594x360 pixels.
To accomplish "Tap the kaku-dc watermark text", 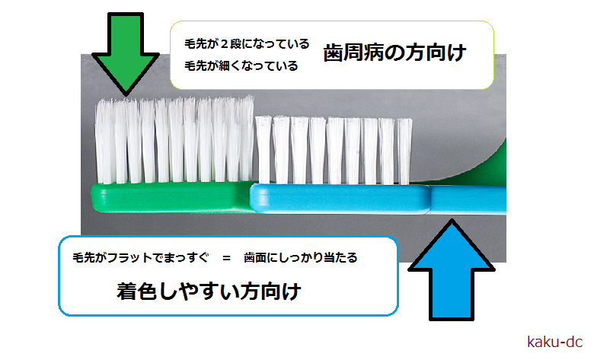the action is (554, 342).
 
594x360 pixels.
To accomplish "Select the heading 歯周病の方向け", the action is (394, 53).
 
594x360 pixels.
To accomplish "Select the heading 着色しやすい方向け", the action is (209, 291).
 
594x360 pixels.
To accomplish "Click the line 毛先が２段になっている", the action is (247, 44).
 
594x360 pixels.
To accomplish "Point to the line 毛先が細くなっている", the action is (241, 66).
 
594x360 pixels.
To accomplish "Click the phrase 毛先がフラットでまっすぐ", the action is (141, 258).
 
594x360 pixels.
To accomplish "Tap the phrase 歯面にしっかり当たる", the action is (300, 258).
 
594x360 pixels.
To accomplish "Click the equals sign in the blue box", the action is (226, 258).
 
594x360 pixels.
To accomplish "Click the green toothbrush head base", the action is (171, 197).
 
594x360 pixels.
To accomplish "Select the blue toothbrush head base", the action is (340, 199).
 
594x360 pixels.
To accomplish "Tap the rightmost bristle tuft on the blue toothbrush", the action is (404, 151).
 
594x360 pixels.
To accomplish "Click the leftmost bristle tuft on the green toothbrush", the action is (104, 142).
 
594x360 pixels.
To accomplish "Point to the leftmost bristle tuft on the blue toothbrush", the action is (263, 150).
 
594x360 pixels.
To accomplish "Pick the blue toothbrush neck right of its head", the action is (468, 200).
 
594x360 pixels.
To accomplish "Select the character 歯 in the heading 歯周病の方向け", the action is (333, 53).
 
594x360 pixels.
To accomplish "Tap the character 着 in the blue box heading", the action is (126, 292).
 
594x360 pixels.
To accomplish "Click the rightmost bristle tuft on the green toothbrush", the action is (246, 139).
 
